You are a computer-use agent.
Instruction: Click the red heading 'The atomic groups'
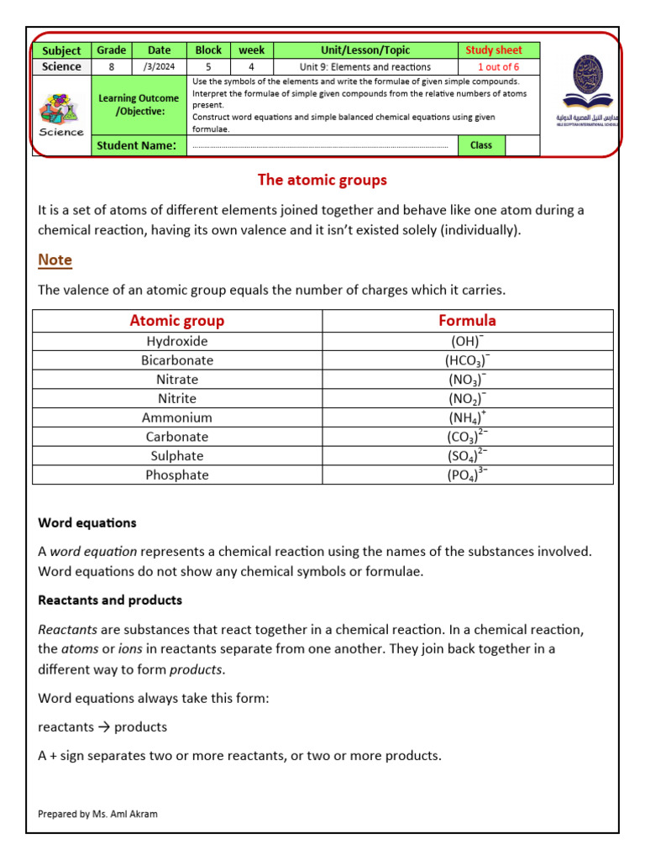[x=322, y=180]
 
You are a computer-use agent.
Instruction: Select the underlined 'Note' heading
[x=55, y=260]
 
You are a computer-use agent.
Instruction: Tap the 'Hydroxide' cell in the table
[x=177, y=341]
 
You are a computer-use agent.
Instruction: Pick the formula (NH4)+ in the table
[x=467, y=417]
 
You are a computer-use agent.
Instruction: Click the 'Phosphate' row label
[x=177, y=475]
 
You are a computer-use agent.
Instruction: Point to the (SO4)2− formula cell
[x=467, y=455]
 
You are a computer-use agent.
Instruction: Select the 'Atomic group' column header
[x=177, y=320]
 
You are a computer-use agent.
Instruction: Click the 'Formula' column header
[x=467, y=320]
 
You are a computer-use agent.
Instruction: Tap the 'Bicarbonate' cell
[x=177, y=360]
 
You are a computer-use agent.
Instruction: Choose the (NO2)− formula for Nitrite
[x=467, y=398]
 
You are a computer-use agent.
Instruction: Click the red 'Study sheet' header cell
[x=494, y=50]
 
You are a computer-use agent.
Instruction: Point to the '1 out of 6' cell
[x=498, y=66]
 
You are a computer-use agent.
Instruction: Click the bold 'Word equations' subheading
[x=87, y=522]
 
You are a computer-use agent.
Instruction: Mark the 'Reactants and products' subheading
[x=110, y=600]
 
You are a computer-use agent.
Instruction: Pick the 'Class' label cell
[x=481, y=145]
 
